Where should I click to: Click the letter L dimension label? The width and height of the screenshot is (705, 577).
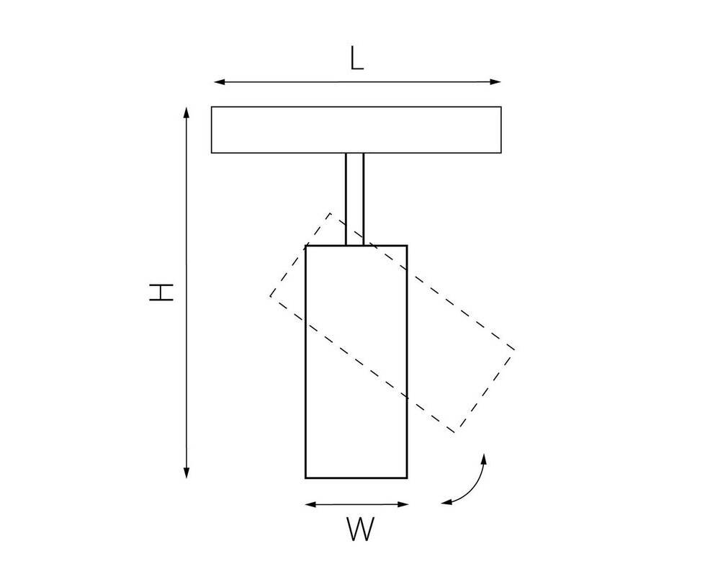click(356, 59)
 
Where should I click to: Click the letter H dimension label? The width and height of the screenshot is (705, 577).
click(161, 292)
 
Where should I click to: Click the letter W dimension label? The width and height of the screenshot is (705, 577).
click(360, 529)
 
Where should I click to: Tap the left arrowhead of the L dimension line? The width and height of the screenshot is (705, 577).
click(220, 82)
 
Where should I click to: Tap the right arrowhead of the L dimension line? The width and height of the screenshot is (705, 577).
click(495, 82)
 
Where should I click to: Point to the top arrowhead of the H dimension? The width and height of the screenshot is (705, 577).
click(187, 113)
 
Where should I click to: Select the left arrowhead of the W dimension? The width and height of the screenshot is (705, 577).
click(311, 504)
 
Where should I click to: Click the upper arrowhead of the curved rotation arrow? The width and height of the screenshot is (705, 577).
click(484, 459)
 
